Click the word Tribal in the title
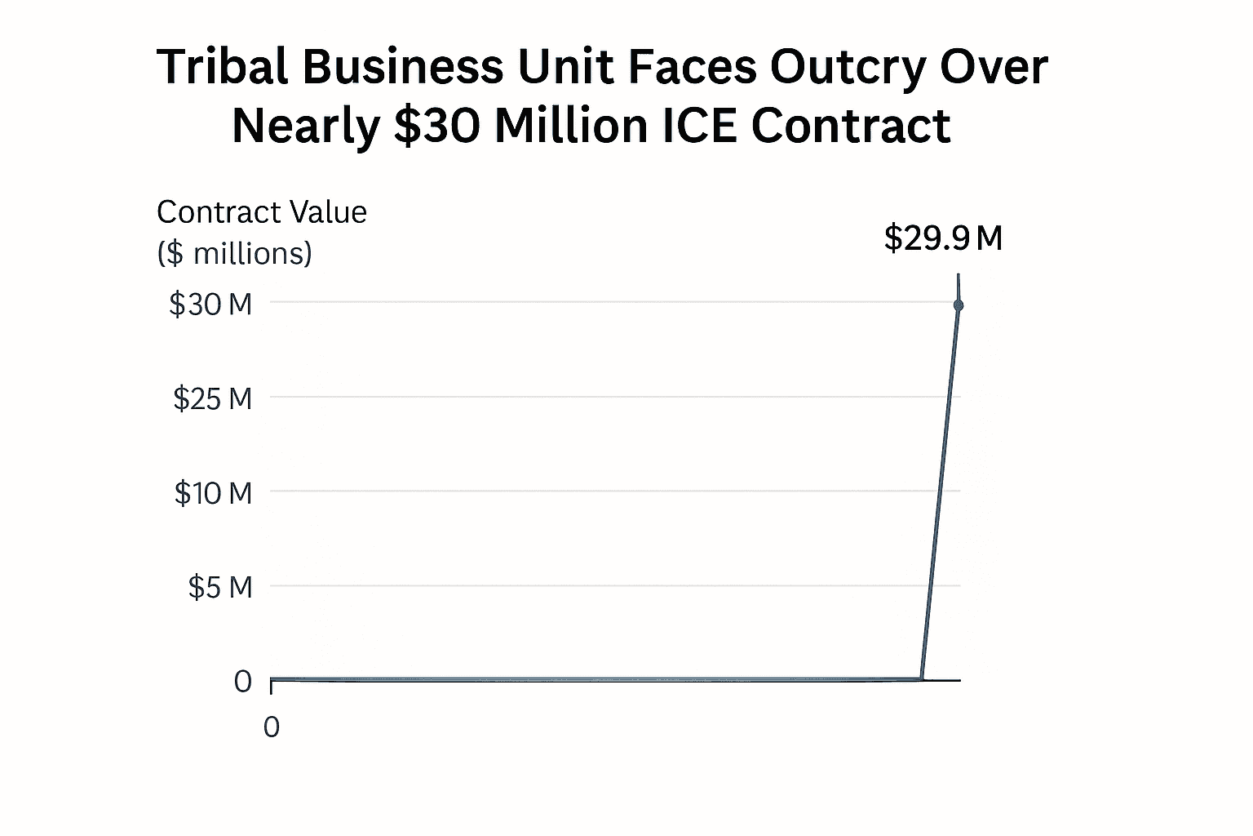[x=222, y=67]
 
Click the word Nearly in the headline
[x=307, y=127]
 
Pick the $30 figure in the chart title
[x=436, y=127]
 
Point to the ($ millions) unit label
[x=234, y=254]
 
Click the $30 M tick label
[x=210, y=305]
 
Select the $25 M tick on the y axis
[x=212, y=399]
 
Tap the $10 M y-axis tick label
[x=213, y=493]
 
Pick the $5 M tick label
[x=220, y=587]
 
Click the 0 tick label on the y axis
[x=243, y=682]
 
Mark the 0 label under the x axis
[x=272, y=727]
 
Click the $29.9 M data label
[x=943, y=238]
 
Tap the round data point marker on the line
[x=959, y=305]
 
